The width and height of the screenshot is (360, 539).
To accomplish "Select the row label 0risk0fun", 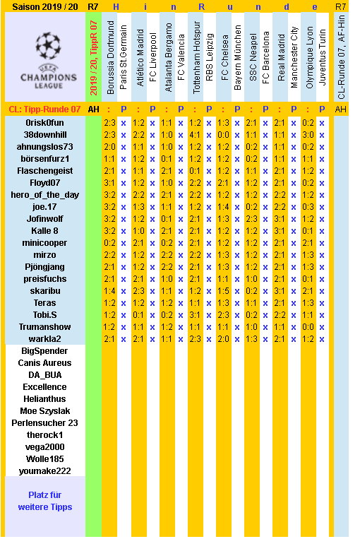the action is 45,122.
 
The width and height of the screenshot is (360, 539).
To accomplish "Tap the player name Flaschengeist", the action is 45,170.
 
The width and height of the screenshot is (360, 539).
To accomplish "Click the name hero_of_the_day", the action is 45,194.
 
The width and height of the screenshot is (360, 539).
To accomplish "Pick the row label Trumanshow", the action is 45,326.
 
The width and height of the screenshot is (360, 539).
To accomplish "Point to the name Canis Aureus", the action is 45,362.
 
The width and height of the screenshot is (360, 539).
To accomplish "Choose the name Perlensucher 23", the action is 45,422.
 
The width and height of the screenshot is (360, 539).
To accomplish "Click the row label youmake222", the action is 45,470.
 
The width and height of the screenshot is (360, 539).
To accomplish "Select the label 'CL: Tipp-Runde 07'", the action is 45,109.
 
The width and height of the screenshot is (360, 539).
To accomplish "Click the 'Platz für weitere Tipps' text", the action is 45,501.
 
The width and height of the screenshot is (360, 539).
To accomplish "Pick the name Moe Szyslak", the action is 45,410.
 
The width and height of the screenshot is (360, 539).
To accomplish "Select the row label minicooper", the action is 45,242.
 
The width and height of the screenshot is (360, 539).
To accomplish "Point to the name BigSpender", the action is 45,350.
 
